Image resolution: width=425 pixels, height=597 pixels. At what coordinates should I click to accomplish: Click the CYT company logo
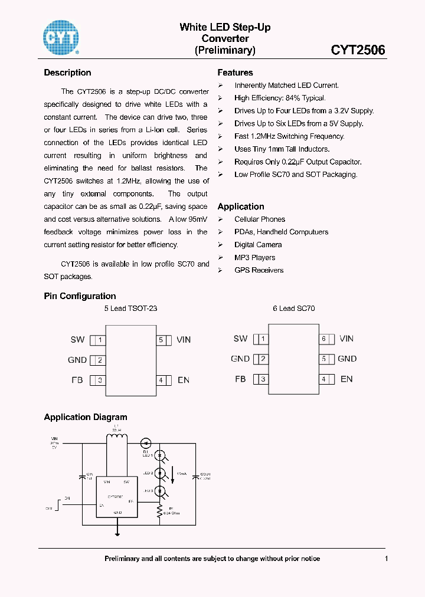tap(61, 37)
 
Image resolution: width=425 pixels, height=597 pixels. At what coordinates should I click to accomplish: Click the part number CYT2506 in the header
tap(358, 50)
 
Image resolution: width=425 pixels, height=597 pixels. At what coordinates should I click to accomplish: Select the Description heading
tap(67, 73)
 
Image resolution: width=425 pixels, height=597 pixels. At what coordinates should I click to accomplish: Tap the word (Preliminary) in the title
tap(225, 50)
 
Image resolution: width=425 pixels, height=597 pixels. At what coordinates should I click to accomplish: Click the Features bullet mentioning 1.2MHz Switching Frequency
tap(289, 136)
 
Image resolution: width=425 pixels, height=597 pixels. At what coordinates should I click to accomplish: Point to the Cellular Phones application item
tap(259, 219)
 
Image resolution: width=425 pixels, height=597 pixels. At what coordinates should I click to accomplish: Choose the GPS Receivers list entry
tap(259, 270)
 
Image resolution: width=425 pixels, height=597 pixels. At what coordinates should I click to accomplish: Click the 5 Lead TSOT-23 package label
tap(130, 309)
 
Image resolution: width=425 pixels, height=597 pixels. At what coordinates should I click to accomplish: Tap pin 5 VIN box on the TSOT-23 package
tap(161, 340)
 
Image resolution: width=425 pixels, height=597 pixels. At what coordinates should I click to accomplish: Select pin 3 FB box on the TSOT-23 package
tap(101, 380)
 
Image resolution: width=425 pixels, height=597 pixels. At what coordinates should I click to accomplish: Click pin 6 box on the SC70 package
tap(323, 339)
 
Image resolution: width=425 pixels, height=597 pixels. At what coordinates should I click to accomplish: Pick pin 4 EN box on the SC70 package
tap(323, 379)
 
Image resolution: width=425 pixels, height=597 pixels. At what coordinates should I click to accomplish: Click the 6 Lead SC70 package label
tap(293, 309)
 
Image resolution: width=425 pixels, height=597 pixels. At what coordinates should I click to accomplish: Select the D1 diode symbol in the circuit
tap(146, 442)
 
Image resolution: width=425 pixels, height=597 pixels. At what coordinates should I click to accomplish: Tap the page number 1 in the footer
tap(386, 559)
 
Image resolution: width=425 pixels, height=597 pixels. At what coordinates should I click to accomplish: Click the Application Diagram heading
tap(86, 417)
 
